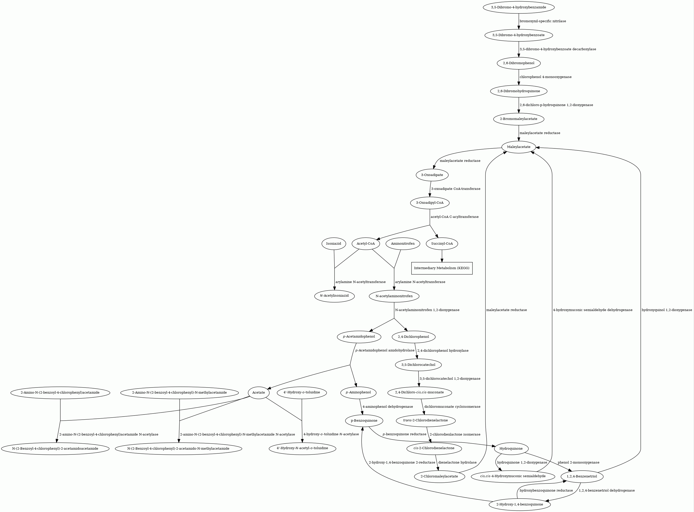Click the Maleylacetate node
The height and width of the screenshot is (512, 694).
coord(518,147)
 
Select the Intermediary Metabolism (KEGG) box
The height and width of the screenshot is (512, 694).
coord(442,268)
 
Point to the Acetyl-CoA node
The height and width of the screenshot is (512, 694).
coord(366,244)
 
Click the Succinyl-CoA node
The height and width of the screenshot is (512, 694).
coord(442,244)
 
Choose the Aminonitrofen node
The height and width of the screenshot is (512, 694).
coord(402,244)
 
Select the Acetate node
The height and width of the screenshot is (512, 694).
coord(259,393)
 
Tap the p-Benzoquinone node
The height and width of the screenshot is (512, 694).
coord(364,421)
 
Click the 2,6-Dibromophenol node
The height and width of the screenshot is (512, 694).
coord(518,63)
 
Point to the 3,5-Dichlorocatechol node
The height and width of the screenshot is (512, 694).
coord(418,365)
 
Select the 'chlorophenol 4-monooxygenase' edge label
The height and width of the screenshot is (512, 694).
coord(545,77)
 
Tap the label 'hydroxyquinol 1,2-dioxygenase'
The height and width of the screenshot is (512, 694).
coord(667,310)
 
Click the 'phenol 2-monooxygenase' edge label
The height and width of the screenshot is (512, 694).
coord(578,463)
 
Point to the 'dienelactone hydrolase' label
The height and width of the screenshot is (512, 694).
coord(457,463)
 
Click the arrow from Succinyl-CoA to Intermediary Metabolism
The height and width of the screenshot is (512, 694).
coord(442,256)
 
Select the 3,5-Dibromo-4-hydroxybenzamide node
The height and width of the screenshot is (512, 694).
coord(518,7)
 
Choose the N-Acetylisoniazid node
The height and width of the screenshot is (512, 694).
coord(334,296)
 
